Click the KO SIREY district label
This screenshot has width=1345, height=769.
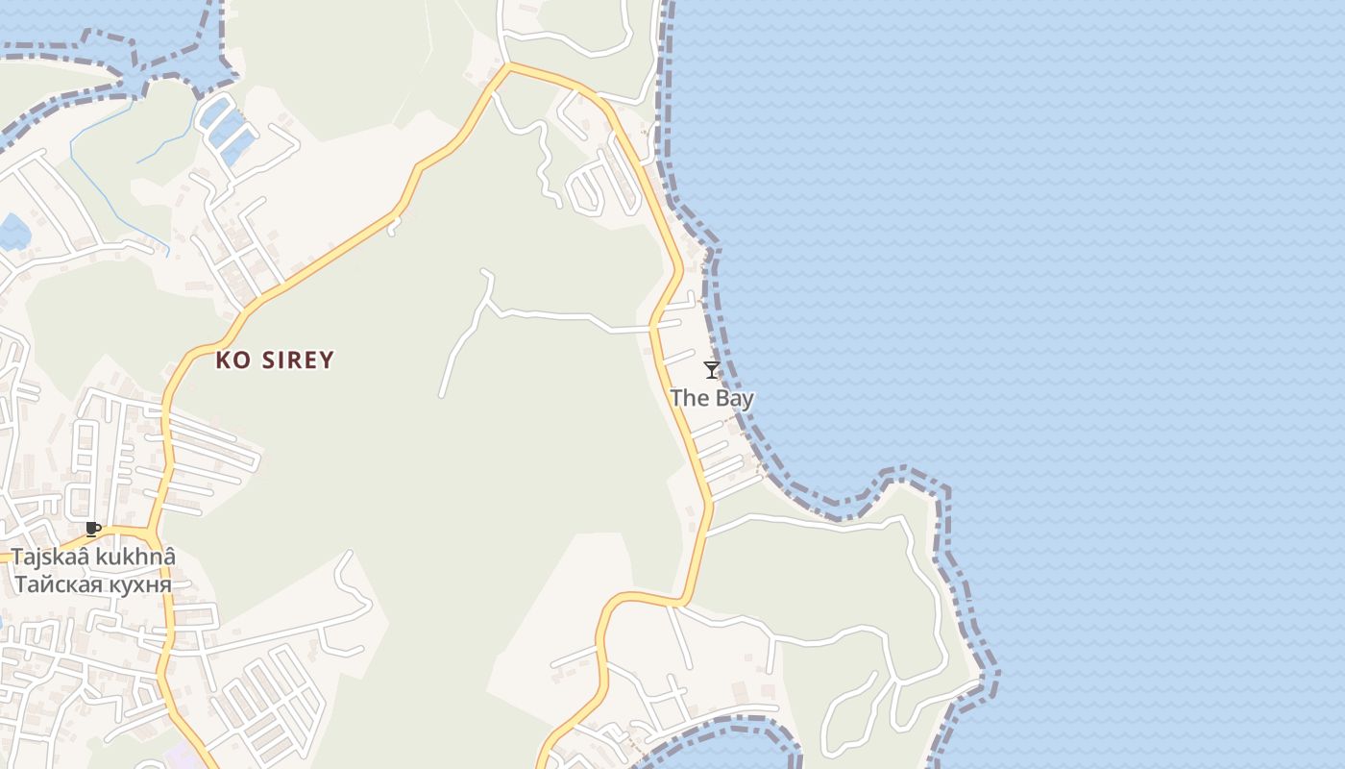pyautogui.click(x=275, y=360)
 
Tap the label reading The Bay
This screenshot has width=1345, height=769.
pyautogui.click(x=712, y=398)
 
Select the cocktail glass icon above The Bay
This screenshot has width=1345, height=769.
pyautogui.click(x=712, y=370)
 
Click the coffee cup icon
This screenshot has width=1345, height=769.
pyautogui.click(x=93, y=529)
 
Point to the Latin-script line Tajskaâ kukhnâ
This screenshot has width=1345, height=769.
pyautogui.click(x=93, y=558)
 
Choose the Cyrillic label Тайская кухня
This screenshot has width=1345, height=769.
pyautogui.click(x=93, y=583)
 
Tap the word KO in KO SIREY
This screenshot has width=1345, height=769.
pyautogui.click(x=232, y=360)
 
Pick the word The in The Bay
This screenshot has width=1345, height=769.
pyautogui.click(x=688, y=398)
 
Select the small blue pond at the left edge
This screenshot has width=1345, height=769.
pyautogui.click(x=13, y=232)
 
